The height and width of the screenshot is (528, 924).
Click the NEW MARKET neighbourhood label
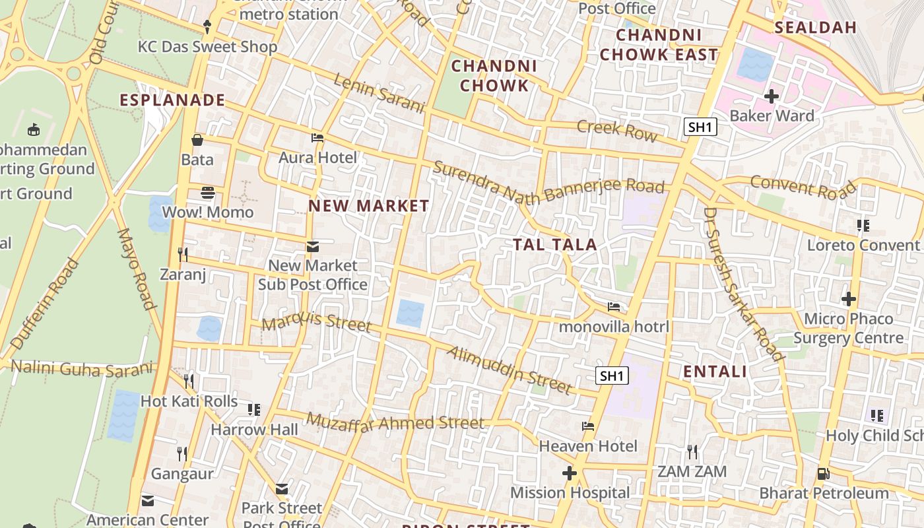click(369, 206)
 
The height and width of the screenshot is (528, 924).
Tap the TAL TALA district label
click(555, 245)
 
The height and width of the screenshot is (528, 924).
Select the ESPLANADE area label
click(172, 100)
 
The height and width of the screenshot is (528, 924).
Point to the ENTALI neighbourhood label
click(715, 372)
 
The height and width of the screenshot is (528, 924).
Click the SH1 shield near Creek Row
click(700, 127)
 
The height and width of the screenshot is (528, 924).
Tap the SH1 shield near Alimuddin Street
click(612, 376)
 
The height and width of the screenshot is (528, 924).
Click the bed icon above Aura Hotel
click(317, 138)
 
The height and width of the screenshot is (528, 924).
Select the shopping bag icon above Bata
click(197, 140)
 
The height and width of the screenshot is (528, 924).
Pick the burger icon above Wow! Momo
click(208, 193)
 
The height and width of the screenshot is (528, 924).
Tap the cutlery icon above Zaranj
click(183, 254)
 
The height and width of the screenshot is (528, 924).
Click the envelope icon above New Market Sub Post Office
click(312, 247)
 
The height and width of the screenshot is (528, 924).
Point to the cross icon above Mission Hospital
click(570, 473)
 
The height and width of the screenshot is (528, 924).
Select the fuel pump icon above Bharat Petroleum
click(823, 473)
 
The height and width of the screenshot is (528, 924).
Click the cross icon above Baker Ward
click(771, 96)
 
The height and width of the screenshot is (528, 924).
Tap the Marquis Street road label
click(316, 323)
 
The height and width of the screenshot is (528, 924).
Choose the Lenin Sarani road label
click(378, 93)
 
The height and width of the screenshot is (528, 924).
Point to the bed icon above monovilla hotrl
click(614, 307)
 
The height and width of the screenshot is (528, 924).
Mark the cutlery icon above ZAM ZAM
click(692, 451)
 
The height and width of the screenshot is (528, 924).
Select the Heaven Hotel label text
click(588, 446)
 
